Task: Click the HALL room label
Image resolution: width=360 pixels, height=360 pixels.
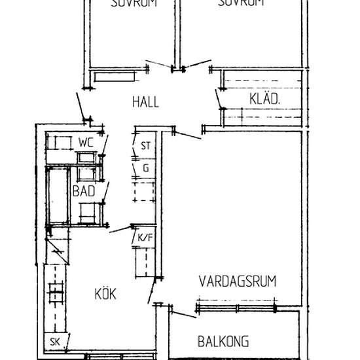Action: click(x=145, y=102)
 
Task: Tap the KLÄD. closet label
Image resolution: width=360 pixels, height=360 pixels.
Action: click(x=265, y=99)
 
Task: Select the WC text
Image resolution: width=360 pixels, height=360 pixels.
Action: click(x=86, y=142)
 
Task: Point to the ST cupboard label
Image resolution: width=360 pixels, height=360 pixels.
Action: click(x=145, y=147)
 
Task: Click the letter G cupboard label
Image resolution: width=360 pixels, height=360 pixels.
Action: click(x=145, y=168)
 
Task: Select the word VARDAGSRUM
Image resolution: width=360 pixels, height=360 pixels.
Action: click(x=237, y=281)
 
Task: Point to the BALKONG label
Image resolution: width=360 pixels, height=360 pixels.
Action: click(x=223, y=341)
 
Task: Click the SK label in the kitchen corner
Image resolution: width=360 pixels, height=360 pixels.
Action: click(x=55, y=342)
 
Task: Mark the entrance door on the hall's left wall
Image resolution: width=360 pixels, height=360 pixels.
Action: click(x=81, y=107)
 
